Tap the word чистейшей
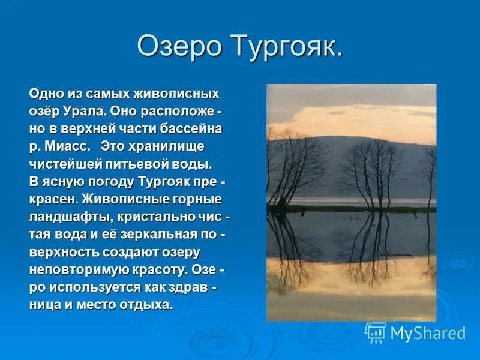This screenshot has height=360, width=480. point(58,164)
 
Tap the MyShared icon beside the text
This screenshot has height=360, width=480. point(376,332)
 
